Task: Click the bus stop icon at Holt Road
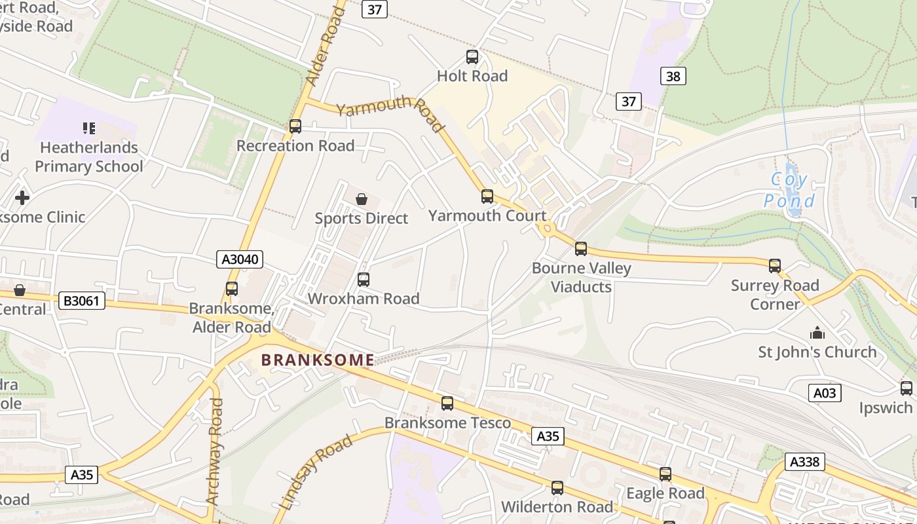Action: tap(472, 57)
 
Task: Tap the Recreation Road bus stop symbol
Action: tap(295, 126)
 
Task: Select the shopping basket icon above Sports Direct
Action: tap(362, 198)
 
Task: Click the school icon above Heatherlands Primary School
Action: tap(89, 128)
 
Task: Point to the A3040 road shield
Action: tap(240, 259)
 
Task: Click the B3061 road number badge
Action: tap(82, 301)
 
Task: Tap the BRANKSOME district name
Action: tap(318, 360)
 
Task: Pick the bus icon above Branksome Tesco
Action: tap(447, 403)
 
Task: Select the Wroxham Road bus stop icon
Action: tap(364, 280)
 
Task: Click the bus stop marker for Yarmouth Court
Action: tap(487, 196)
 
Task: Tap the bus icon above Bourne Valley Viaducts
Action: tap(581, 249)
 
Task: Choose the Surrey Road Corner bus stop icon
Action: tap(775, 266)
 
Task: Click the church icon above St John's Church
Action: tap(817, 333)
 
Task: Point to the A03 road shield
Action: tap(825, 393)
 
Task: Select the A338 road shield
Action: tap(804, 462)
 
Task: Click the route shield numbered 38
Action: tap(673, 76)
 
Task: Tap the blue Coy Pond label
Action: tap(789, 190)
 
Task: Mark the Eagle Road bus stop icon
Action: tap(665, 474)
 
